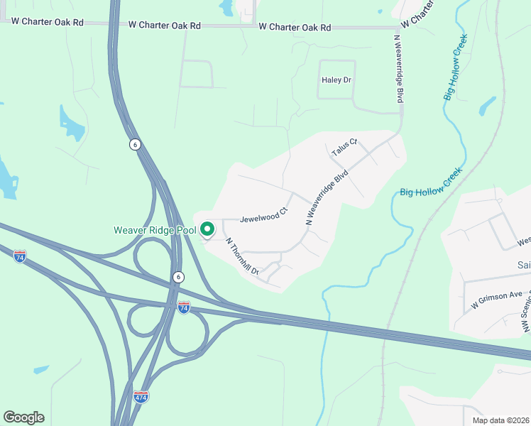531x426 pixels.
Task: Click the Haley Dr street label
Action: click(337, 80)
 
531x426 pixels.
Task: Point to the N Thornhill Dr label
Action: click(243, 256)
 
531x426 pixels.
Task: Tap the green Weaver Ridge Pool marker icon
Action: click(207, 229)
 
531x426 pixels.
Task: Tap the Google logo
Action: click(23, 417)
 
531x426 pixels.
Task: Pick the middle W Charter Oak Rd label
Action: click(165, 25)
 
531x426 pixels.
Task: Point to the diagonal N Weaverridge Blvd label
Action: click(328, 197)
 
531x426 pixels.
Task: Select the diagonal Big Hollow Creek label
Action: click(431, 182)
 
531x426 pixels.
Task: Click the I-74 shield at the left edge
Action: click(20, 257)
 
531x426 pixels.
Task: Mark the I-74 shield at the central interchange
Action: click(184, 307)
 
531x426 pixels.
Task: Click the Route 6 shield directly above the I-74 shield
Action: click(178, 277)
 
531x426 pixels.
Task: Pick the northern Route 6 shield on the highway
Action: click(135, 144)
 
